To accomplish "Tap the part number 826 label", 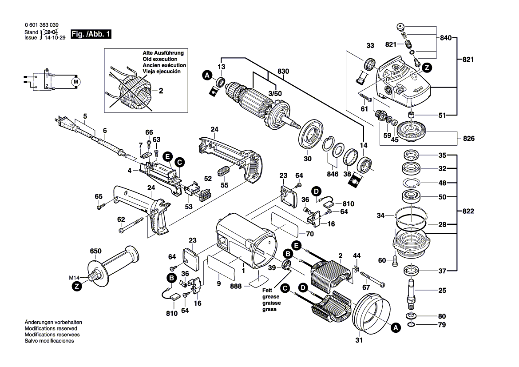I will point(469,139).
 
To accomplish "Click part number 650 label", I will point(95,251).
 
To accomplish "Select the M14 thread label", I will point(75,278).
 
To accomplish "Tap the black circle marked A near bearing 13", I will point(206,76).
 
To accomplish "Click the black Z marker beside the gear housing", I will point(426,68).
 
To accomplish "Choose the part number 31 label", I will point(359,341).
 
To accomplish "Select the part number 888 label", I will point(236,287).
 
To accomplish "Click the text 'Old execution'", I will point(160,59).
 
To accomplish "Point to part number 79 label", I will point(441,325).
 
